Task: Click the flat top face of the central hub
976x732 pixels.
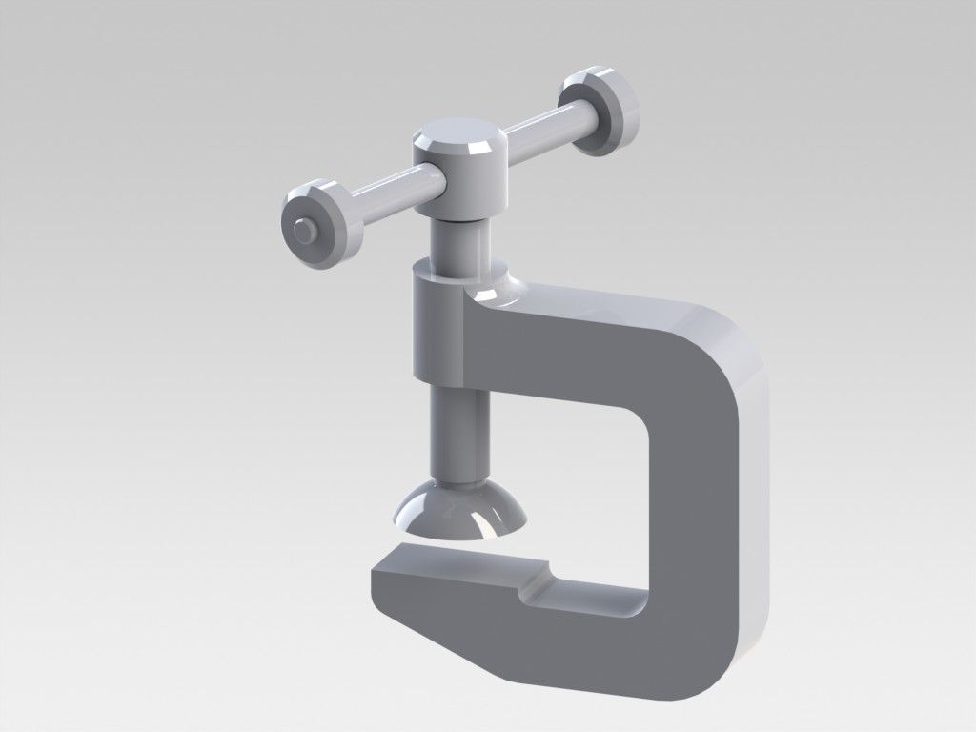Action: [x=458, y=134]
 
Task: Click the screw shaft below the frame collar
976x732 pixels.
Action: [x=461, y=429]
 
